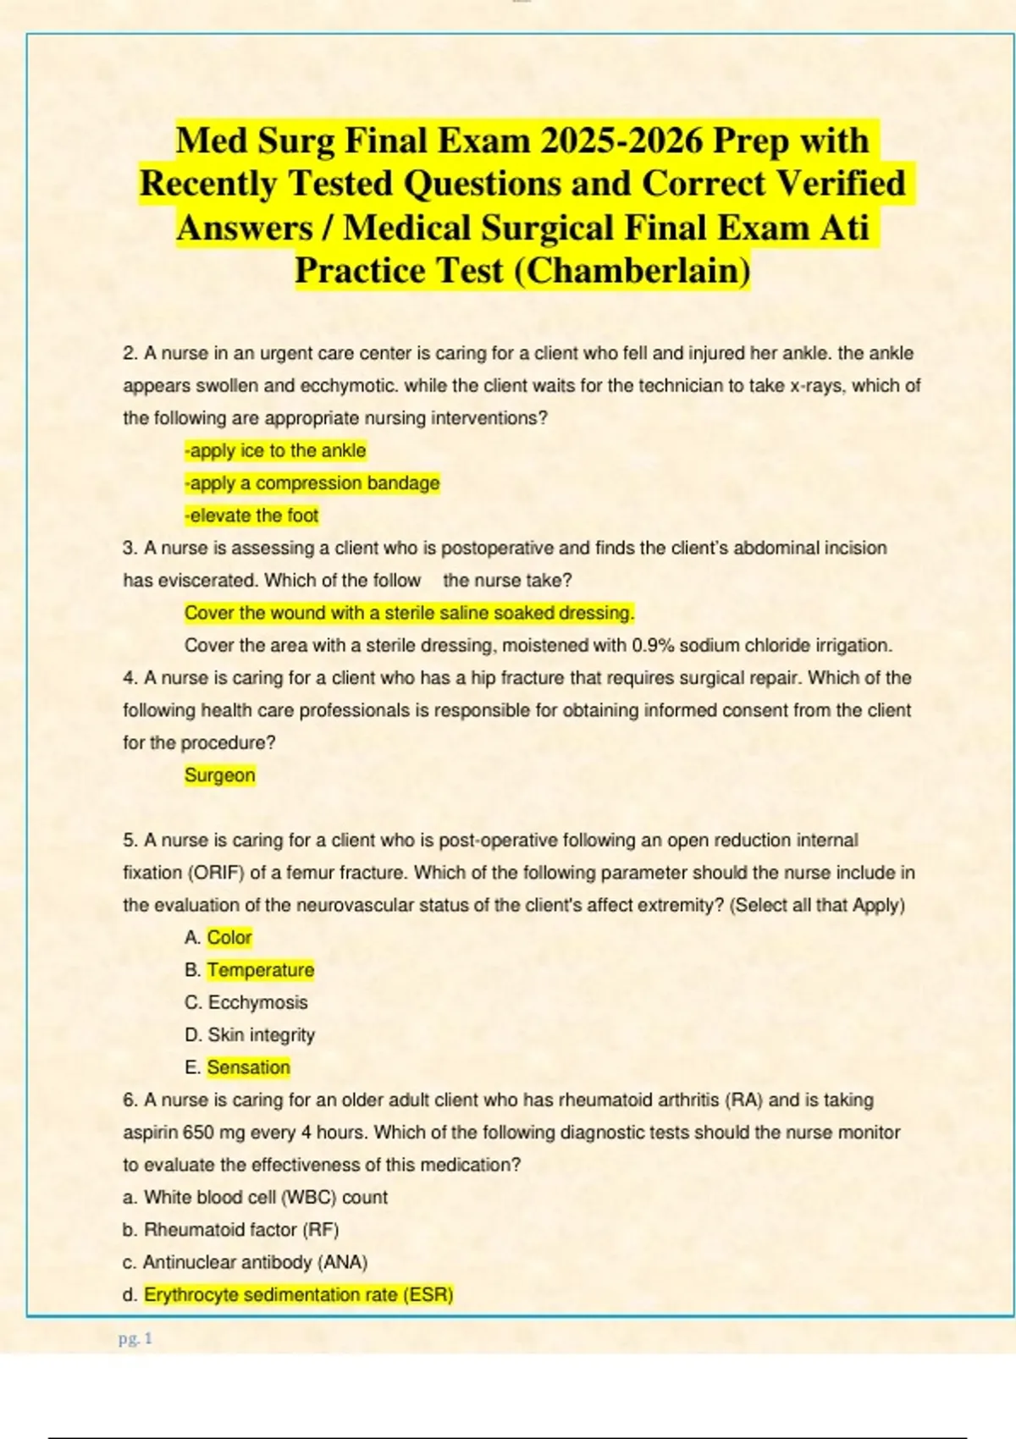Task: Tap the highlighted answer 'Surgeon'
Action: pos(219,775)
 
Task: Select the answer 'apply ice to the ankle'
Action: pos(275,450)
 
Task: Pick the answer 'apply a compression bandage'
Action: pos(312,483)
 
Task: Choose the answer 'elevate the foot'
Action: pos(251,516)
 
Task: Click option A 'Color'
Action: pos(229,937)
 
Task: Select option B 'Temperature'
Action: pos(260,970)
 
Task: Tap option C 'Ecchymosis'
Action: pos(257,1002)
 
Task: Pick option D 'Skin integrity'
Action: pos(261,1034)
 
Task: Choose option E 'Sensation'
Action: pos(248,1067)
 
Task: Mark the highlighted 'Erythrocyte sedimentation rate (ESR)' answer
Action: pos(298,1295)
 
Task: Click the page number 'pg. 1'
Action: pos(135,1338)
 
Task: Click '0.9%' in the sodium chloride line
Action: pos(653,645)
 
